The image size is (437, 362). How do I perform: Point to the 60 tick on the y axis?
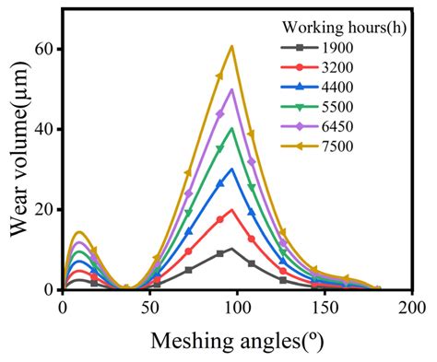point(43,49)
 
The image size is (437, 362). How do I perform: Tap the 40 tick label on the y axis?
point(43,129)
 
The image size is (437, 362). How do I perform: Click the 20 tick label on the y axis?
point(43,209)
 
